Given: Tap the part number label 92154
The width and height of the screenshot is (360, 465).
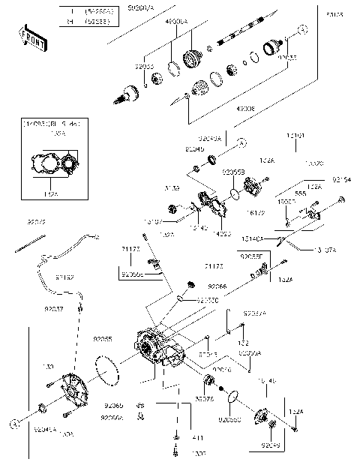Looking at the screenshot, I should tap(341, 181).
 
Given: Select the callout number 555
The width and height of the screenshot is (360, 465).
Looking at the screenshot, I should tap(300, 193).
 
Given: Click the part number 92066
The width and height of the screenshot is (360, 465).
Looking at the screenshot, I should tap(217, 286).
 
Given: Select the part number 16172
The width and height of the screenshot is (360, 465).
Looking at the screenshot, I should tap(256, 214).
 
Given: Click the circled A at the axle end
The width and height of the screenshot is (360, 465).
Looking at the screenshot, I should tap(302, 29).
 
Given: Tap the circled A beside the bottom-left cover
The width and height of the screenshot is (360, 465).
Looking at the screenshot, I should tap(13, 423).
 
